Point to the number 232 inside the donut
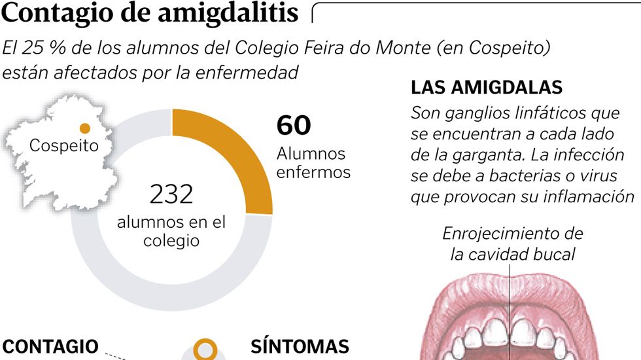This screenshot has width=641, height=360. click(x=171, y=194)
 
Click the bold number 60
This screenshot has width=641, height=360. click(x=294, y=125)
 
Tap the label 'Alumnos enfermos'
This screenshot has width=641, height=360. click(x=313, y=163)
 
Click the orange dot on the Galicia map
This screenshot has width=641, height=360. click(x=84, y=128)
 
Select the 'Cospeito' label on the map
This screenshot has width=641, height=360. click(x=63, y=145)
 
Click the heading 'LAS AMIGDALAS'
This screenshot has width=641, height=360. click(x=487, y=88)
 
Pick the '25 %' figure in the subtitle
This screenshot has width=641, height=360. click(x=50, y=48)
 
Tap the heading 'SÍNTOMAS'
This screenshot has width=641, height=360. click(x=300, y=347)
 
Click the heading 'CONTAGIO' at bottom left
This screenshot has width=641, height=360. click(x=50, y=347)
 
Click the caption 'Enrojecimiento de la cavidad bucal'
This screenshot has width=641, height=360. click(x=512, y=243)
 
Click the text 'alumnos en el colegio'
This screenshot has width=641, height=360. click(x=171, y=231)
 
